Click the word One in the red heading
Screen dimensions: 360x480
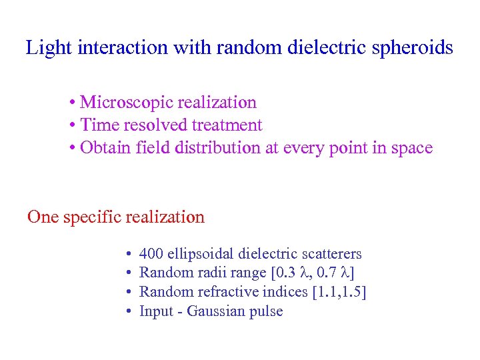tap(43, 217)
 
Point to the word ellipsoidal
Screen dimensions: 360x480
tap(199, 254)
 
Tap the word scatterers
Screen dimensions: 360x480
tap(331, 254)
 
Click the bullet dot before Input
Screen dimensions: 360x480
tap(127, 312)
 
